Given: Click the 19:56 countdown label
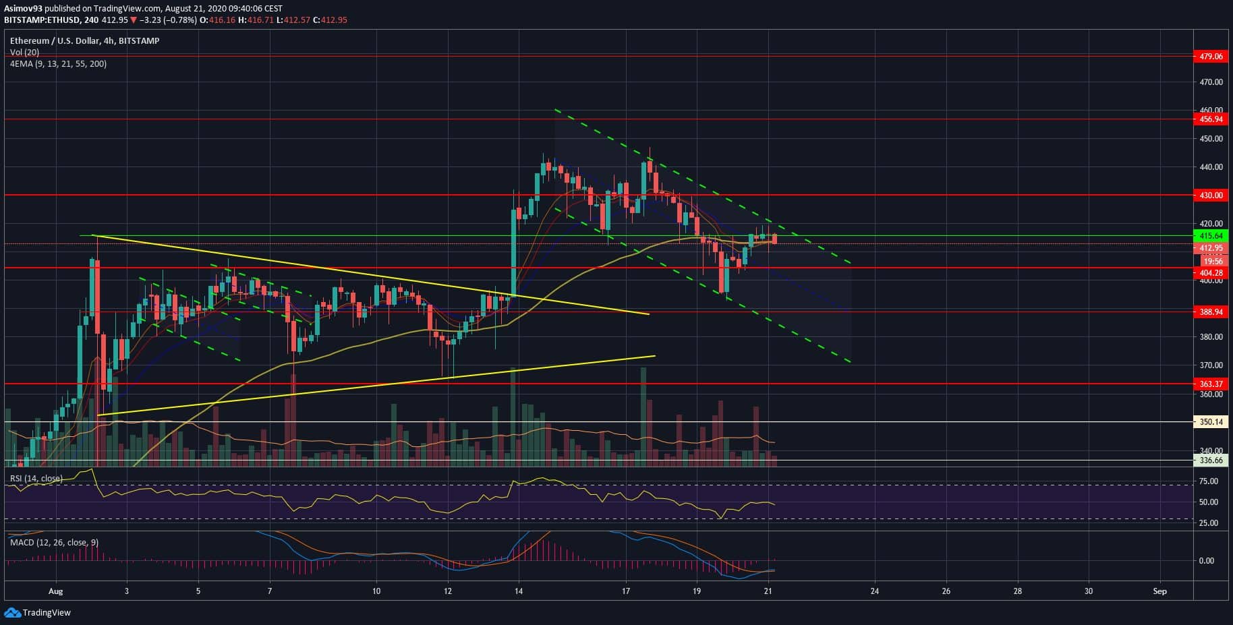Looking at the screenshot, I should tap(1213, 261).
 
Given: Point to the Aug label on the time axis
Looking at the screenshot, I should tap(56, 591).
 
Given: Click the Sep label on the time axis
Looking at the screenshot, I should tap(1160, 591).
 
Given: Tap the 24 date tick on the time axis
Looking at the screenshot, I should tap(875, 591).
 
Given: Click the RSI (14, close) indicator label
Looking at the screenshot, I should tap(36, 479).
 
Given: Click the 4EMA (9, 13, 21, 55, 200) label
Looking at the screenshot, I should tap(58, 64).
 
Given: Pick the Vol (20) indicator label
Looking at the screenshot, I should tap(24, 53).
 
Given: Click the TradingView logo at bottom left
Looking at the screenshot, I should tap(38, 613).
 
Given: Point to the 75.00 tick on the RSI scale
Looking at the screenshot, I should tap(1209, 481).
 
